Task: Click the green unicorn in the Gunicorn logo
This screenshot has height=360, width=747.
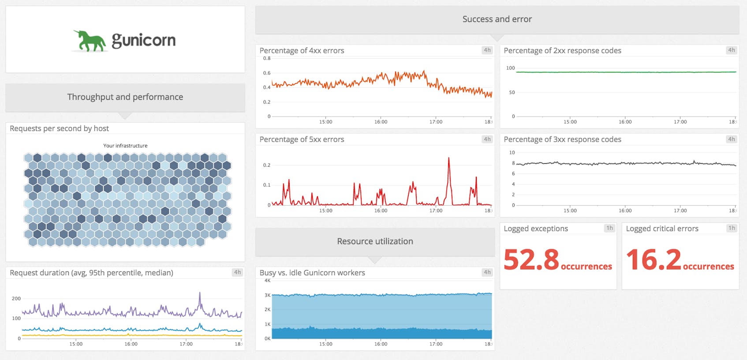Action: point(90,41)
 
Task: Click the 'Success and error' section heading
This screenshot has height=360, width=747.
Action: point(497,19)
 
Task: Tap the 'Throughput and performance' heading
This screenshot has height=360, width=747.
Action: point(125,97)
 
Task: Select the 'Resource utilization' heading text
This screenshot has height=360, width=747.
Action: point(375,241)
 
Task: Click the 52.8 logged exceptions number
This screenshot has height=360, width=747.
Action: point(531,259)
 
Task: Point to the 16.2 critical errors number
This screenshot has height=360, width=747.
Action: point(653,259)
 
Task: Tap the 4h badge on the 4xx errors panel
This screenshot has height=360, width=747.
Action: point(487,50)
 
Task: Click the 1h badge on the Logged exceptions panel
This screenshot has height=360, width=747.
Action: point(609,228)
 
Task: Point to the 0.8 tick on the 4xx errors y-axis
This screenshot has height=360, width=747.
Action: point(267,58)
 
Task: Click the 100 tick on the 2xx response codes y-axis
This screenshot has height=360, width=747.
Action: point(510,68)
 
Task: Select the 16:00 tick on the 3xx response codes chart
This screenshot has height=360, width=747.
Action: point(625,210)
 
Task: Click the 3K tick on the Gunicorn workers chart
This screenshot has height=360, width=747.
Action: point(267,295)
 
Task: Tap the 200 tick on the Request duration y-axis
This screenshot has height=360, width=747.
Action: point(16,299)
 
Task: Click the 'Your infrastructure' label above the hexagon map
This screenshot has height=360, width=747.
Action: point(125,146)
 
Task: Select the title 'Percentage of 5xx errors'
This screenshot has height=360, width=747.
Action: point(302,139)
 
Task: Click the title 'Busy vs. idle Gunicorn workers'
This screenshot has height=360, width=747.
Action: point(312,273)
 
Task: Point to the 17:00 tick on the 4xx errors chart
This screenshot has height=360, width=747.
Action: point(436,122)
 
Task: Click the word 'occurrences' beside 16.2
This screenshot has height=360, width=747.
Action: point(708,266)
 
